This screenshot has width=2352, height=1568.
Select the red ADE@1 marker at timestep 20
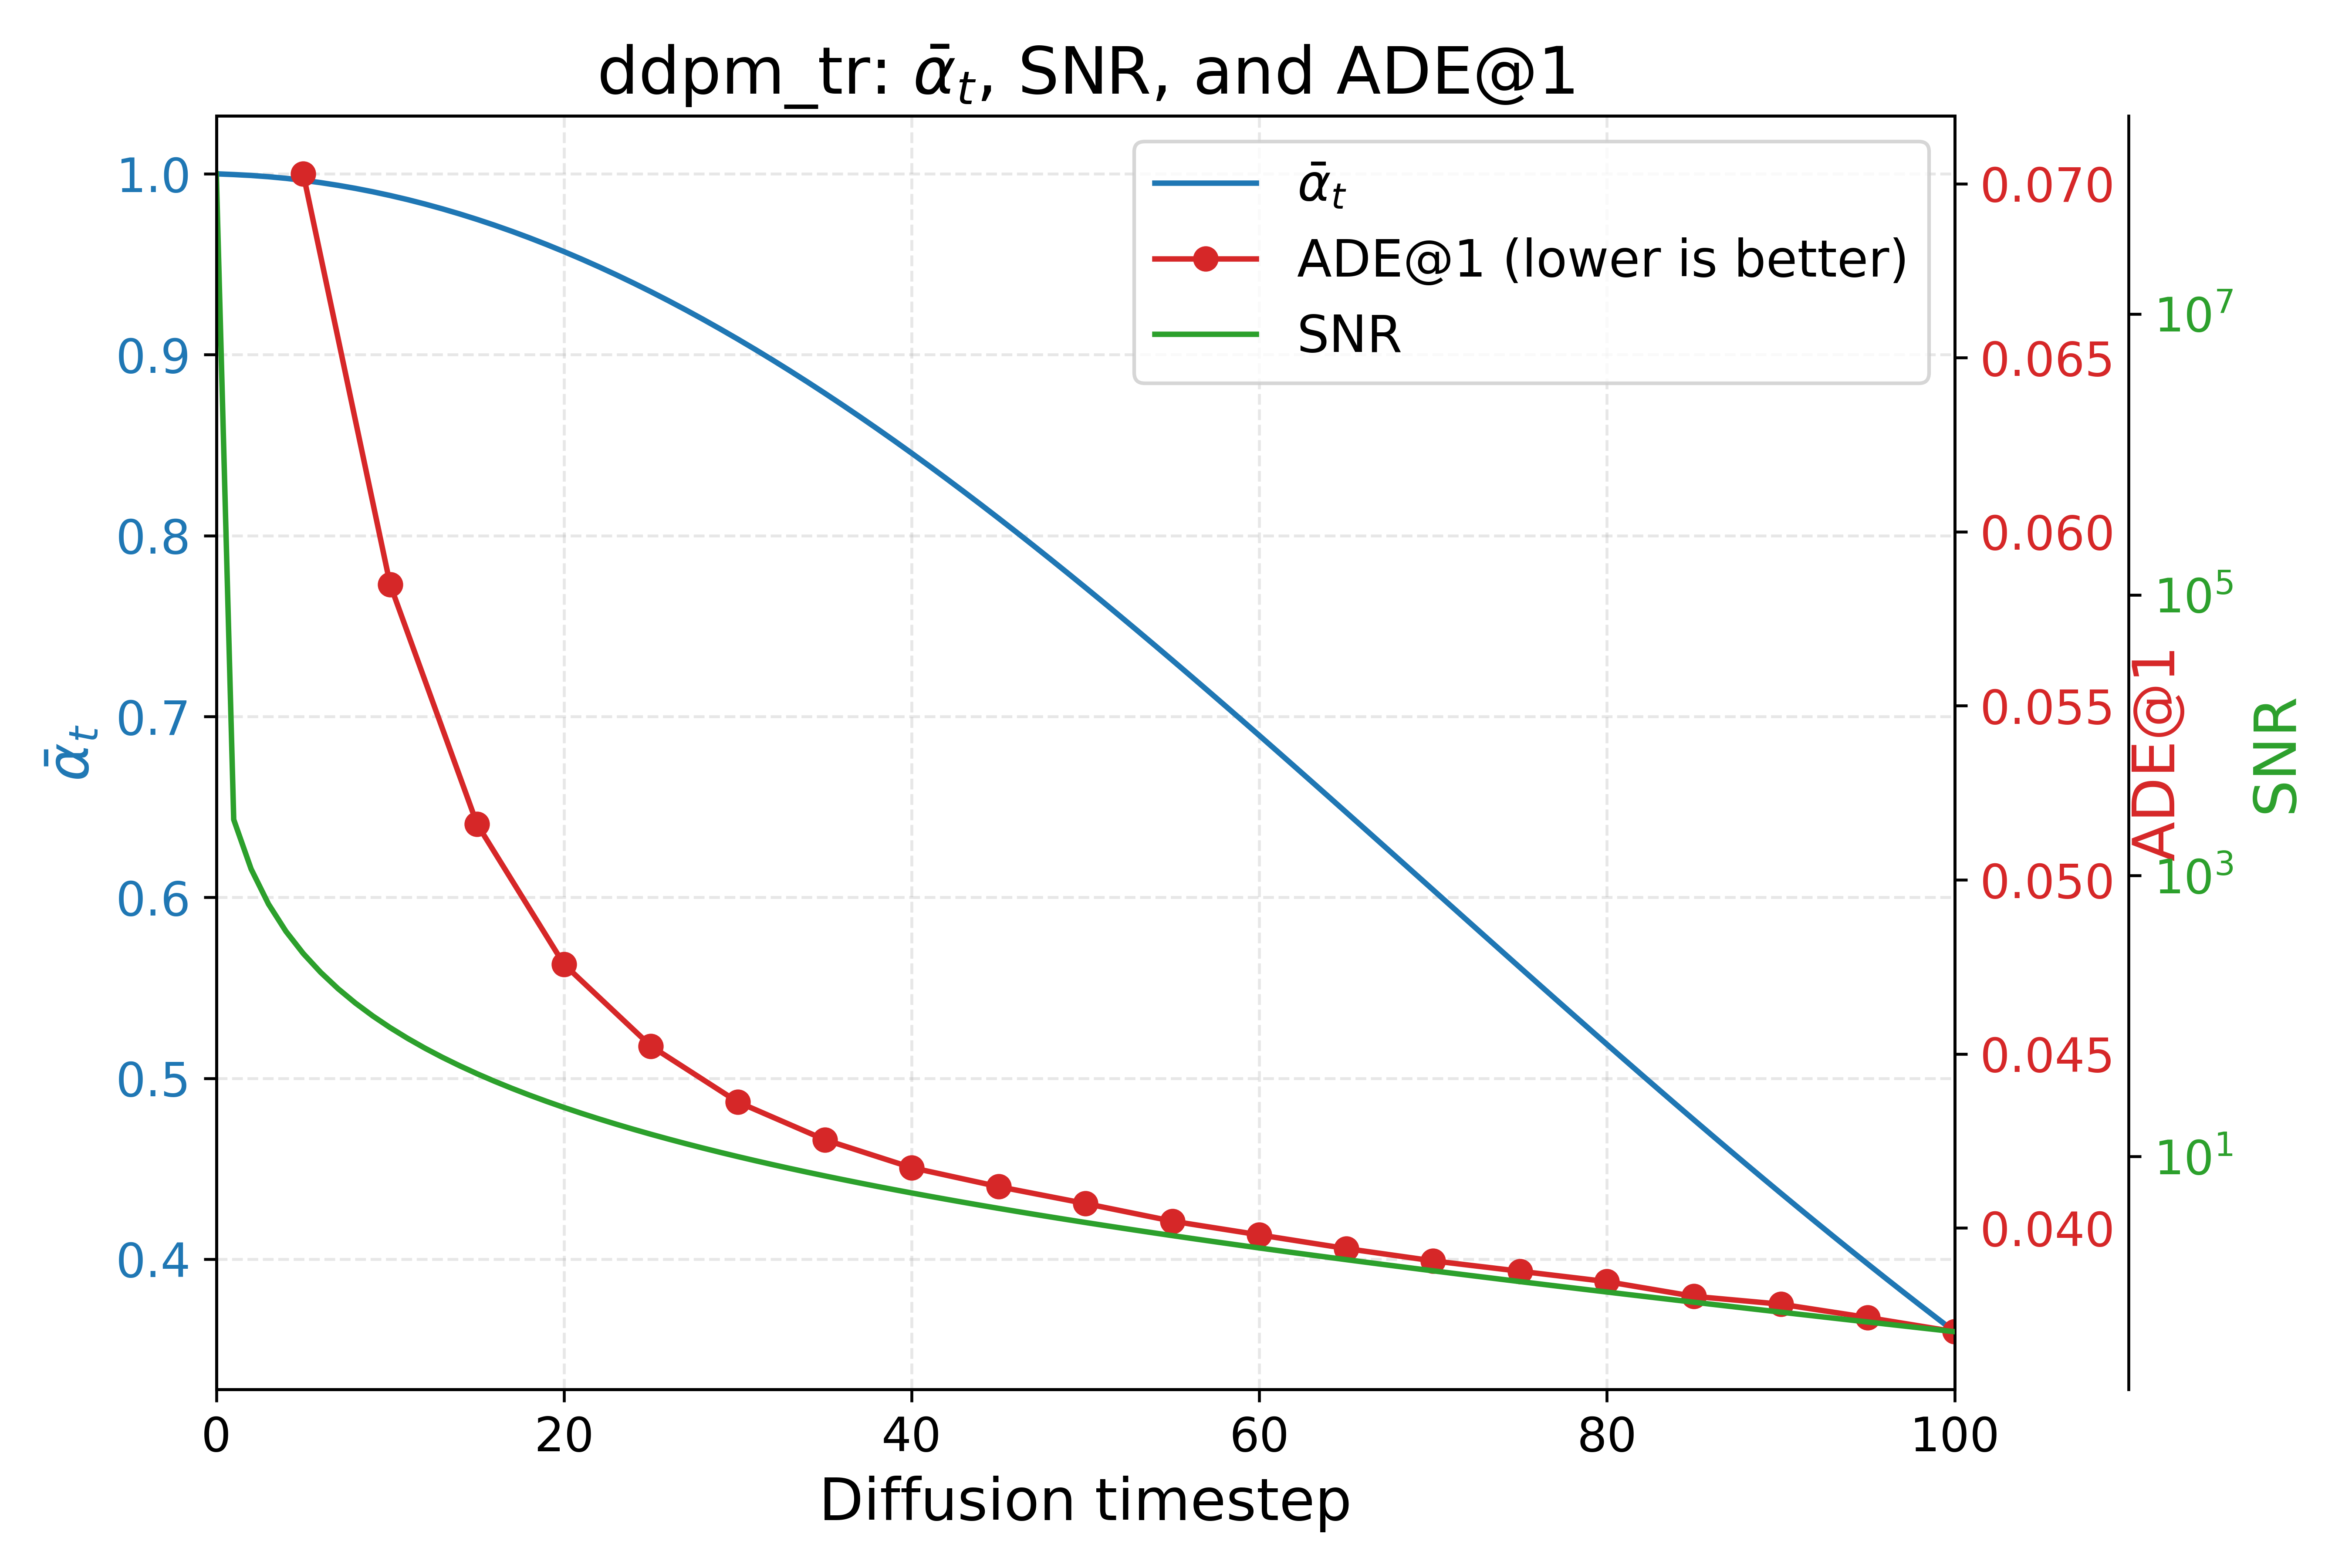pyautogui.click(x=564, y=964)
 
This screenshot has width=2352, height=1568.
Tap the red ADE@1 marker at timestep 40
pyautogui.click(x=911, y=1167)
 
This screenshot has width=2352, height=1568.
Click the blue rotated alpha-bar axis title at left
pyautogui.click(x=72, y=750)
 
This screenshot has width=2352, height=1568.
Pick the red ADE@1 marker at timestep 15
pyautogui.click(x=477, y=824)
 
